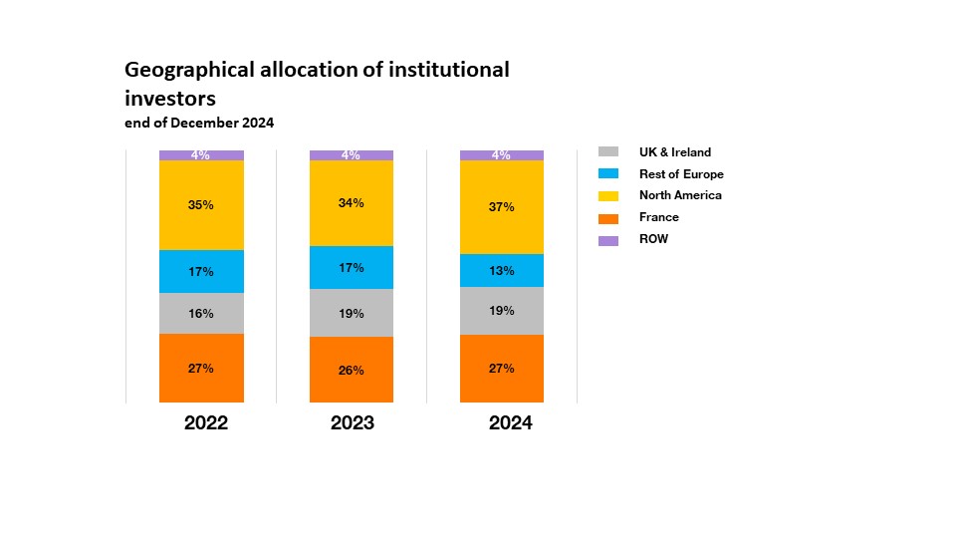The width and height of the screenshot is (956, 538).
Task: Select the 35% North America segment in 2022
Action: [201, 205]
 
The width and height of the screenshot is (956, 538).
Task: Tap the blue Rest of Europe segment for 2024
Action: [502, 270]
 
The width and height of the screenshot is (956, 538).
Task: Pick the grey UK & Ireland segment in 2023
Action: [352, 313]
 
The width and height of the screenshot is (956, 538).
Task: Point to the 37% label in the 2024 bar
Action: [502, 207]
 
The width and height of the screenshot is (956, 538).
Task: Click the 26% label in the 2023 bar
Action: [352, 371]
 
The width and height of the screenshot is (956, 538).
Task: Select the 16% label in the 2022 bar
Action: [201, 314]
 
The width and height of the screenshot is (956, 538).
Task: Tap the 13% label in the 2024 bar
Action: [502, 271]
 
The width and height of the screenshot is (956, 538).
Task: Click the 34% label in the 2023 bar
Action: [352, 203]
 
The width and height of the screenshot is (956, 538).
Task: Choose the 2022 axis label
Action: [206, 423]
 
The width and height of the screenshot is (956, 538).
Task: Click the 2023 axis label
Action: [353, 423]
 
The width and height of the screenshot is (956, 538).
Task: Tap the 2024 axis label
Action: [510, 423]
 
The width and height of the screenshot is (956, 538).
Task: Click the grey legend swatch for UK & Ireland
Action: [608, 152]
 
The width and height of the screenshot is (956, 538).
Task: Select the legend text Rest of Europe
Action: [681, 174]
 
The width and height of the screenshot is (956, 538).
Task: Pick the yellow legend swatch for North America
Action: [608, 196]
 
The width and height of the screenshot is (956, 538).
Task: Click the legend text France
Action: [659, 217]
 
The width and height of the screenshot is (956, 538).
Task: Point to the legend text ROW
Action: [654, 239]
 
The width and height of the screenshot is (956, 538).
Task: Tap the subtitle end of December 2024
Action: [199, 124]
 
